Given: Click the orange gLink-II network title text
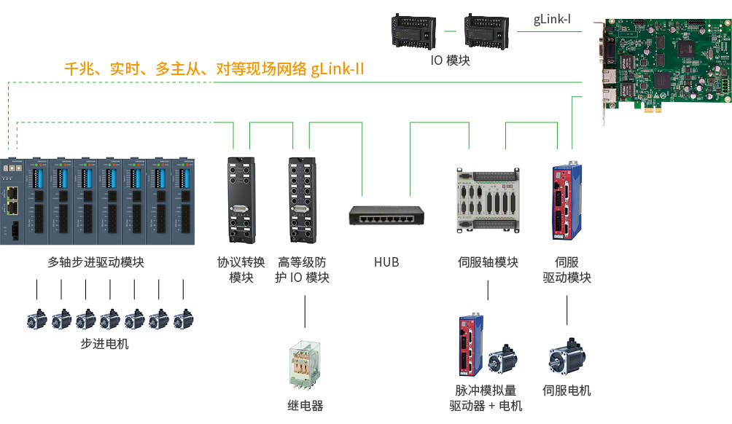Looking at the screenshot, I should pos(214,70).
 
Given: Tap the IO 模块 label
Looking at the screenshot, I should pos(450,60).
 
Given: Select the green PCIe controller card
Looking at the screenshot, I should pos(665,66).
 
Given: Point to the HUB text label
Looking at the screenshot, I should pos(386,262).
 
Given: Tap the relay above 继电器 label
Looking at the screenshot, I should pos(304,365).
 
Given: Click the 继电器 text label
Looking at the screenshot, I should pos(305,406).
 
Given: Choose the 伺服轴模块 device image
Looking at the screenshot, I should pos(487,202).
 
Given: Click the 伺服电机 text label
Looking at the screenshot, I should pos(566,390).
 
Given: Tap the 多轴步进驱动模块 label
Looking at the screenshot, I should pos(96,262).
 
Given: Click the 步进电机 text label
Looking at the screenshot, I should pos(104,343).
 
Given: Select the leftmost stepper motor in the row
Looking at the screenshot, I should pos(37,319).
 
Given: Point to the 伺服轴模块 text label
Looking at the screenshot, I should pos(488,262).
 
